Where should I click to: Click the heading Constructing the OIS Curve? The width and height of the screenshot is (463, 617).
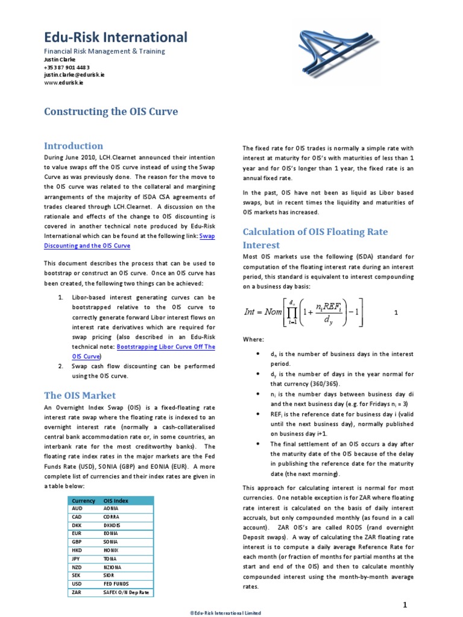111,112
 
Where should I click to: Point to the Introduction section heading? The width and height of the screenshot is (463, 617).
74,146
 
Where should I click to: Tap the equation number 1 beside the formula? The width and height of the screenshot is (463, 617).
396,313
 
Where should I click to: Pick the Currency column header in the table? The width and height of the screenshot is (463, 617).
83,500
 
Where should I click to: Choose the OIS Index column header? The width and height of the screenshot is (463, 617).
116,500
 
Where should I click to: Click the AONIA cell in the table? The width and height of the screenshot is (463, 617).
112,509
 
